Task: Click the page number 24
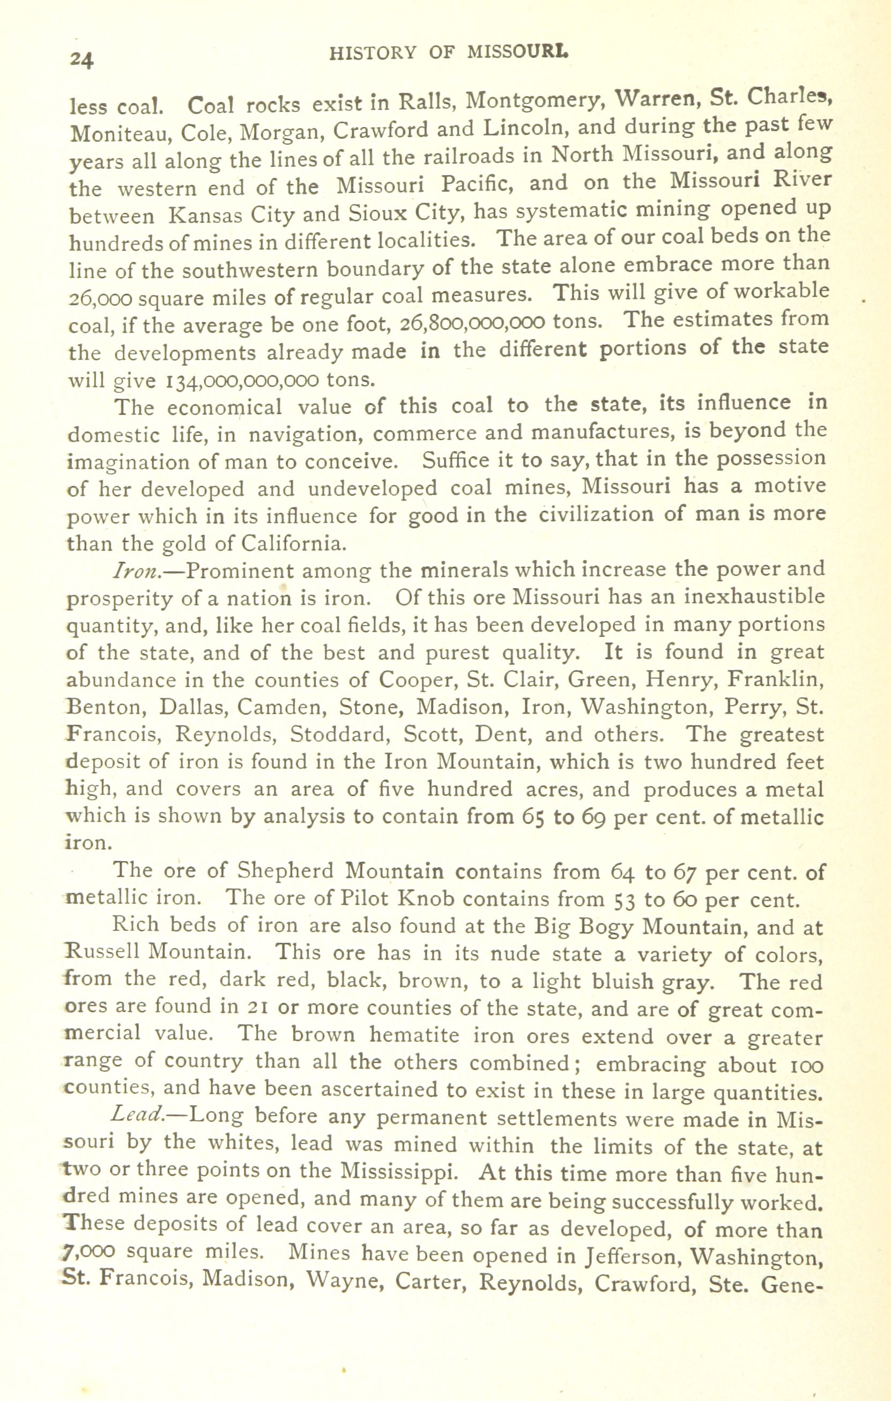coord(82,60)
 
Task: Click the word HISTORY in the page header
coord(372,53)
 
